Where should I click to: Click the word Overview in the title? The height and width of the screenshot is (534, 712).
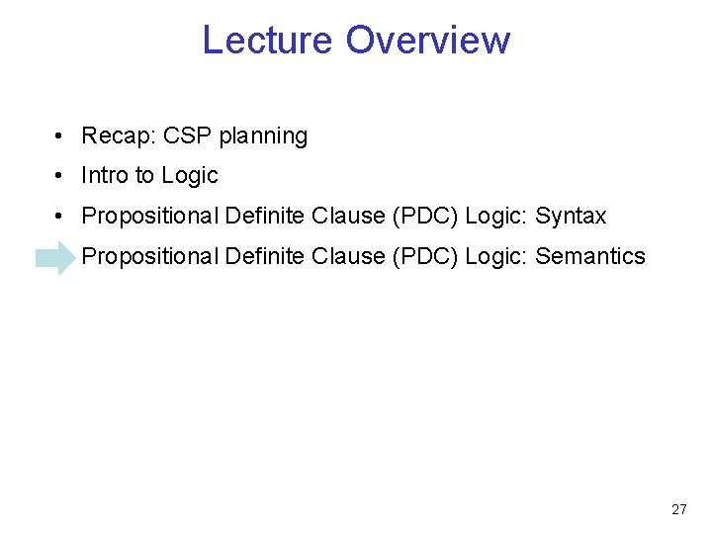pos(428,40)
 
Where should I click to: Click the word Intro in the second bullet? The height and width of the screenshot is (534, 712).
pos(105,175)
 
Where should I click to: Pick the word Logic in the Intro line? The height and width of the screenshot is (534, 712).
pos(190,176)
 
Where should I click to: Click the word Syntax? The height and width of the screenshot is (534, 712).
pos(571,217)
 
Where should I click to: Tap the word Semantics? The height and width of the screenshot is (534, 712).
pos(590,256)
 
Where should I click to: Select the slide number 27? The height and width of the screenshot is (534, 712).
pos(678,509)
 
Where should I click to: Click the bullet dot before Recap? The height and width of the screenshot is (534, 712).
pos(61,136)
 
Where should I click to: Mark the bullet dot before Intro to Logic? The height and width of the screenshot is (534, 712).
pos(61,176)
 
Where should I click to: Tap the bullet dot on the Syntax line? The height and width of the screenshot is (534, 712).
pos(61,216)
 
